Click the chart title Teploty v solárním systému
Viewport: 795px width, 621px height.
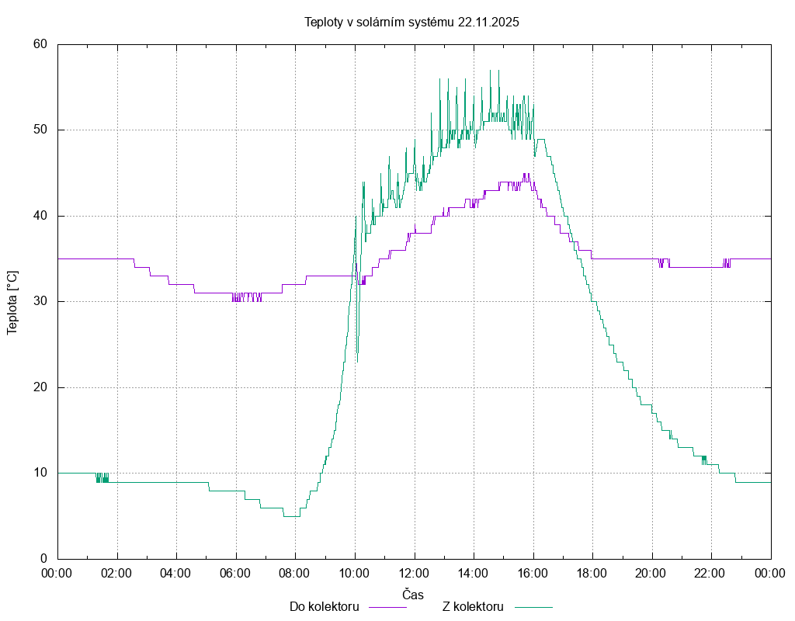point(411,22)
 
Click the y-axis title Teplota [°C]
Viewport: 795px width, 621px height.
point(12,302)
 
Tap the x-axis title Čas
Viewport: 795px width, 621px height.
point(413,595)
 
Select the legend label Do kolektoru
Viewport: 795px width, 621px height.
point(324,606)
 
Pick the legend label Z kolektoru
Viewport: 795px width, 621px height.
point(474,606)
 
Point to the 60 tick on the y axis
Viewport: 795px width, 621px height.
point(40,44)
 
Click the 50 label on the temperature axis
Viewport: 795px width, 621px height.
point(40,130)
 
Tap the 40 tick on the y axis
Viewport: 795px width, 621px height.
point(40,216)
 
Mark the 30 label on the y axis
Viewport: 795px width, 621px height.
point(40,301)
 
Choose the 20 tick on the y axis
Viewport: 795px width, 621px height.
point(40,387)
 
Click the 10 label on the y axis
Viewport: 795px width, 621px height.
point(40,473)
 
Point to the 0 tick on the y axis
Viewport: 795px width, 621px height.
point(43,559)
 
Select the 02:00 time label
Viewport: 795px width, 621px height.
point(117,574)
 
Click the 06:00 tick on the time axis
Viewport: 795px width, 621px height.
point(236,574)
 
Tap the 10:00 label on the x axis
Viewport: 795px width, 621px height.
point(355,574)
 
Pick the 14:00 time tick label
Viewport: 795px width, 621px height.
point(474,574)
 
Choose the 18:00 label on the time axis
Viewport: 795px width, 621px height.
point(592,574)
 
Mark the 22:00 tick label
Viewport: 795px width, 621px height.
point(711,574)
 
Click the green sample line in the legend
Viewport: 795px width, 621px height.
point(533,606)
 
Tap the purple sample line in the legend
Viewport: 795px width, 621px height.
point(387,606)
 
